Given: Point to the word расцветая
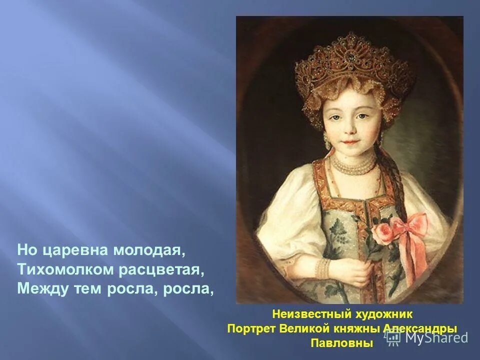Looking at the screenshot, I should (x=161, y=269).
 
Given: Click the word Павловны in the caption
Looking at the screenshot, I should (x=342, y=343).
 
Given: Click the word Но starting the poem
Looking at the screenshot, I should (x=26, y=249).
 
